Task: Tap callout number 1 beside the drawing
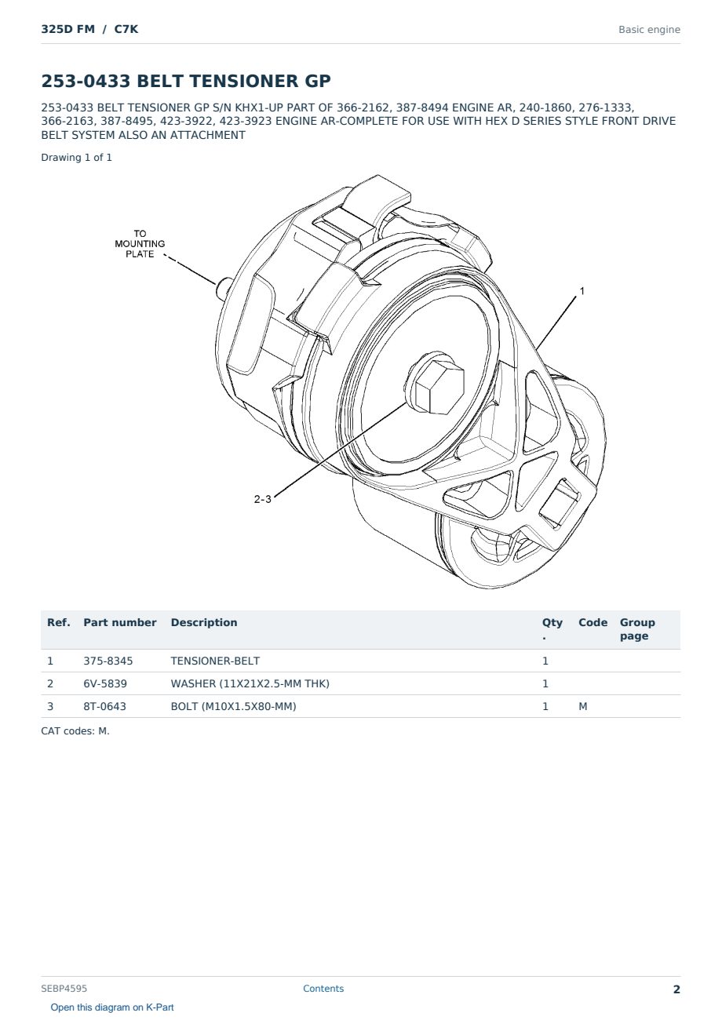(582, 290)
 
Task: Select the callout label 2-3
(262, 499)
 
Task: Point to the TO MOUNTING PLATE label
(140, 243)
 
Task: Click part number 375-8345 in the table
(108, 661)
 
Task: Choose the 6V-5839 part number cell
(105, 683)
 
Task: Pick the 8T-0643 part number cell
(105, 706)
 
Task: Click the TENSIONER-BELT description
(215, 661)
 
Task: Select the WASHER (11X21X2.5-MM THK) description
(250, 683)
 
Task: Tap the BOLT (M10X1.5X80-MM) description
(233, 706)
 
